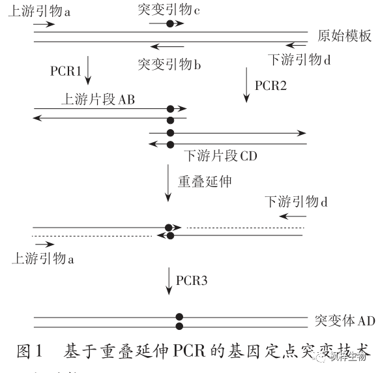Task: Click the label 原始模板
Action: click(345, 36)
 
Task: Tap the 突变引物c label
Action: click(170, 10)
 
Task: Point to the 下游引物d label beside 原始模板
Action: click(299, 60)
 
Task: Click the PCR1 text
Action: click(65, 69)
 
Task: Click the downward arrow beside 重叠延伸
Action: click(169, 184)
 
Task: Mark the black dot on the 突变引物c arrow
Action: click(170, 23)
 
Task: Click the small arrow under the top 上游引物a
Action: click(44, 24)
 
